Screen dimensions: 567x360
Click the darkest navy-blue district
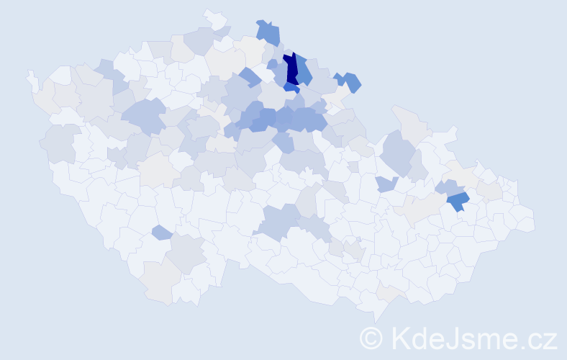(x=291, y=70)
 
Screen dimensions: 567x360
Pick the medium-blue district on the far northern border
(x=268, y=32)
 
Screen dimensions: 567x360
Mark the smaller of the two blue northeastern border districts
(x=337, y=79)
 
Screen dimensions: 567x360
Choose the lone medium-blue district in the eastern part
(x=457, y=202)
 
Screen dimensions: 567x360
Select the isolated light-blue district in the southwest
(x=162, y=232)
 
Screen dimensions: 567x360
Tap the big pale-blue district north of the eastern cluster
(x=397, y=151)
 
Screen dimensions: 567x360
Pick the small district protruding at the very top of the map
(x=213, y=17)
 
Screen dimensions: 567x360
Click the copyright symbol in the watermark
(x=371, y=337)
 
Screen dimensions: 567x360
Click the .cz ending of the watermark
(x=542, y=338)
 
